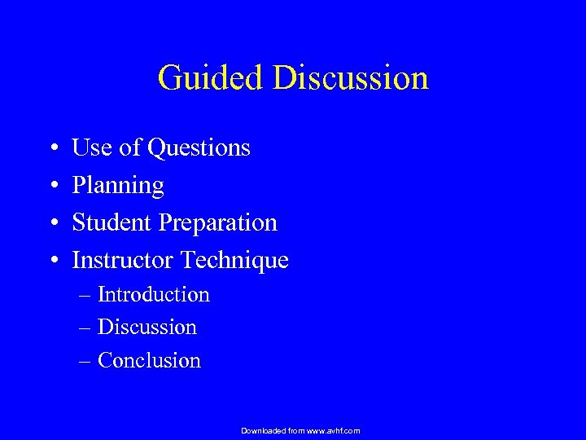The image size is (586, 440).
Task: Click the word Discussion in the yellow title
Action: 350,78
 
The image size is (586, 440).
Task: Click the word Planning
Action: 118,187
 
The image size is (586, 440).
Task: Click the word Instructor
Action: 124,261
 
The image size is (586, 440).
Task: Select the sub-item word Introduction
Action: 154,294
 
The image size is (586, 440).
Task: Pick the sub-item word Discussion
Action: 147,328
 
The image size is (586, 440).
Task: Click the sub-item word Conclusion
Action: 149,360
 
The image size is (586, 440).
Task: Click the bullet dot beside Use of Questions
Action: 52,149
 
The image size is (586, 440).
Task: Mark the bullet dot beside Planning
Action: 52,187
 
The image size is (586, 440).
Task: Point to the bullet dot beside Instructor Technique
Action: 52,262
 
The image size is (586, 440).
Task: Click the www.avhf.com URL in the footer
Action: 333,430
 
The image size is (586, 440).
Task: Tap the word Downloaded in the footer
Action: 263,430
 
